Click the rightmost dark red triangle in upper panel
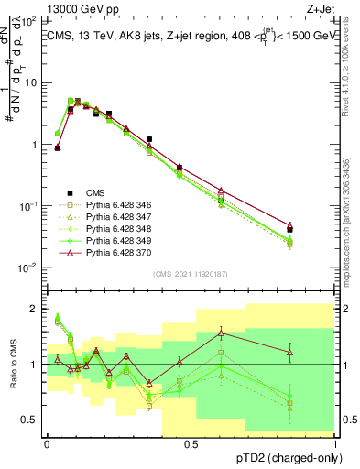tap(315, 225)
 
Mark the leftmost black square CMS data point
tap(57, 147)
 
